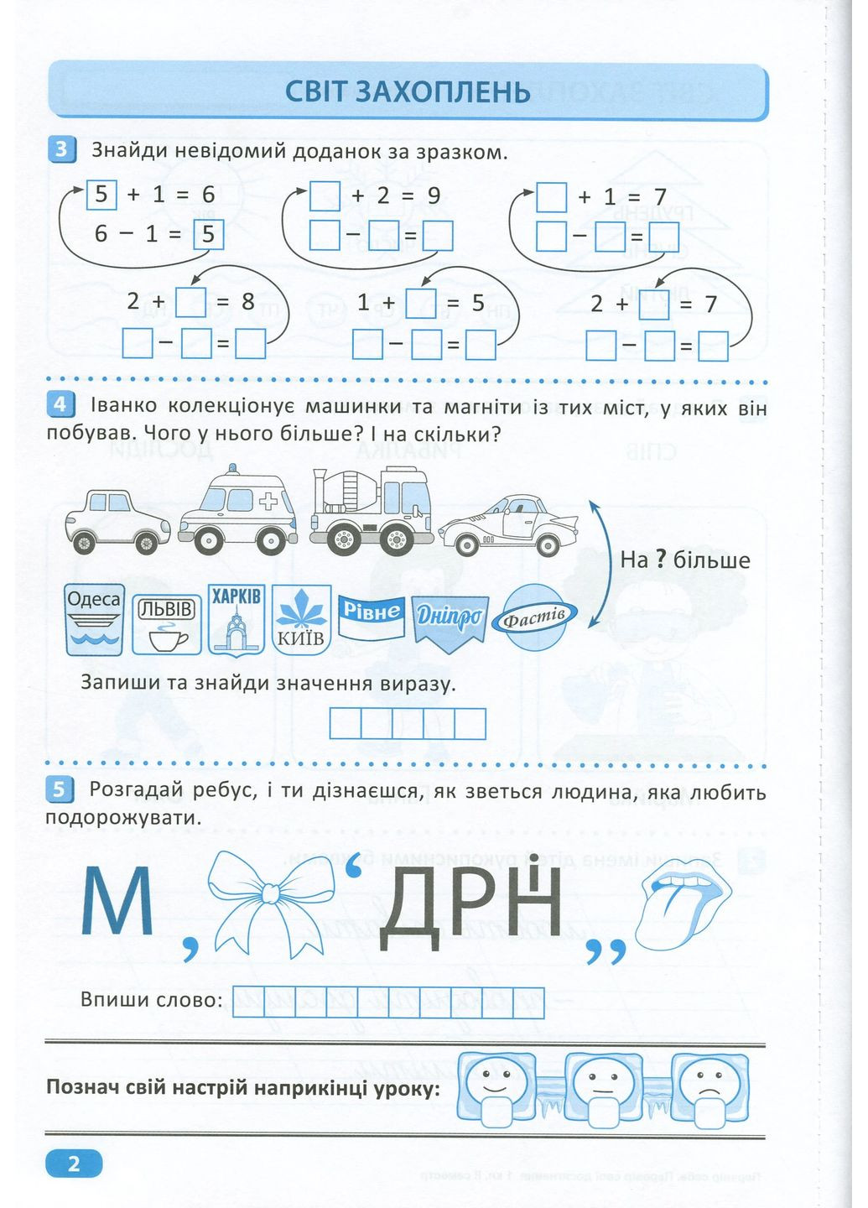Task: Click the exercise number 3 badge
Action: click(61, 151)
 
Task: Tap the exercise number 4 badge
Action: click(61, 405)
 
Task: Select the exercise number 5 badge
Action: click(61, 789)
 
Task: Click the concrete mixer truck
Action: click(371, 512)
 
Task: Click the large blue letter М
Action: click(117, 903)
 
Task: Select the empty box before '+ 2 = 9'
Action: click(325, 196)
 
